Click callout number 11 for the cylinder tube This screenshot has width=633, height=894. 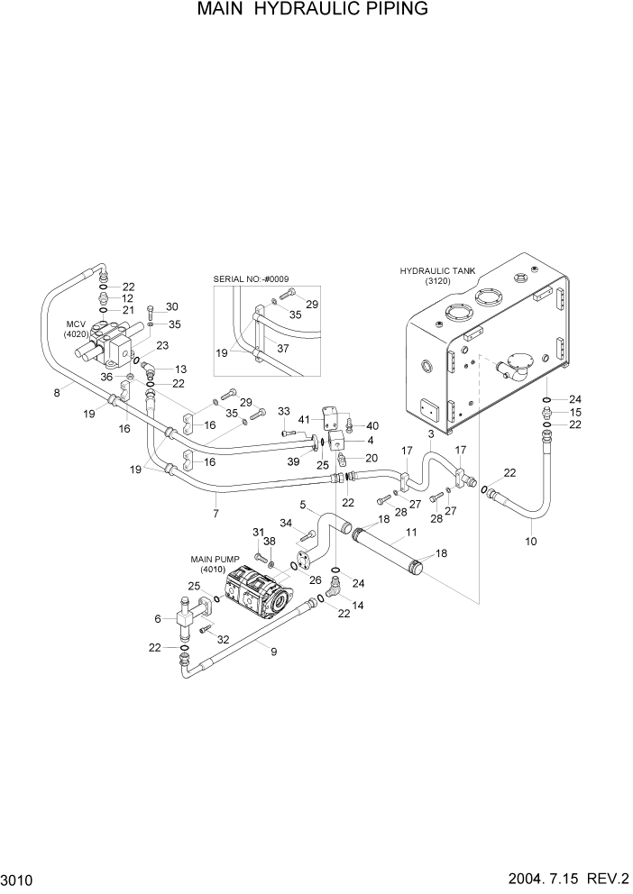pyautogui.click(x=410, y=534)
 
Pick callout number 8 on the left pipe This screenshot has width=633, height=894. pyautogui.click(x=58, y=392)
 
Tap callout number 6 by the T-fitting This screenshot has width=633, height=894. pyautogui.click(x=158, y=618)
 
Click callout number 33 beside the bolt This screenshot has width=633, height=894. pyautogui.click(x=283, y=412)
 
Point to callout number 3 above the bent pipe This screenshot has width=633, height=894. pyautogui.click(x=431, y=434)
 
